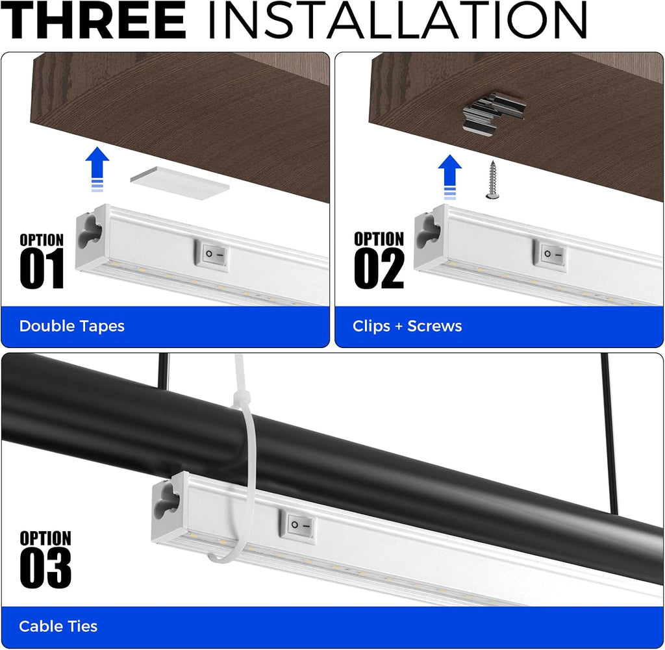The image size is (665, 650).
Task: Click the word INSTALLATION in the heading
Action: click(397, 19)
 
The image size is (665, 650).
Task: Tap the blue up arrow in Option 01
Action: click(97, 169)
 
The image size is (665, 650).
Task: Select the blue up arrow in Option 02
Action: click(449, 177)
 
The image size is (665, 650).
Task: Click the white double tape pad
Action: click(179, 182)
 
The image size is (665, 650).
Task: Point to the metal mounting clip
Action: click(494, 110)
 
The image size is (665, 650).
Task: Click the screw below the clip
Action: click(492, 180)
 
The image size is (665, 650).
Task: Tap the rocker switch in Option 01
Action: click(212, 255)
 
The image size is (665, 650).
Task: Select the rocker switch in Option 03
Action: click(299, 526)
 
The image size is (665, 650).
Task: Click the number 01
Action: click(42, 268)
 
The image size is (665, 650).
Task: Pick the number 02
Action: click(379, 268)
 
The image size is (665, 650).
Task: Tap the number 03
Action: click(45, 568)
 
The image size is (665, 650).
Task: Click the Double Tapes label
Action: click(71, 326)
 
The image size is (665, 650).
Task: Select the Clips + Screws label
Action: click(407, 326)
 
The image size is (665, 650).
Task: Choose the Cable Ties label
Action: click(58, 626)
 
